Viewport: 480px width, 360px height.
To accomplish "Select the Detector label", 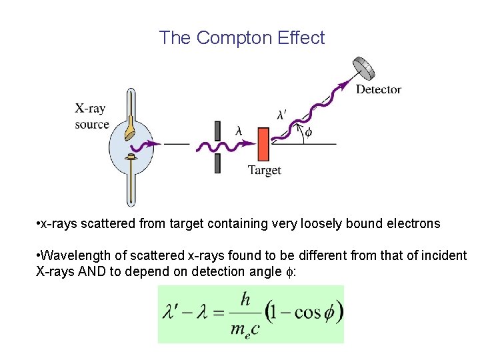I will click(x=378, y=89).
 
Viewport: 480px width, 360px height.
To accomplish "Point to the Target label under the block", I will click(x=265, y=170).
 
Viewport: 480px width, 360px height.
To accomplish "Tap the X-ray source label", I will click(x=91, y=116).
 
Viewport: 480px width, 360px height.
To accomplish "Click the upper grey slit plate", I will click(x=217, y=131).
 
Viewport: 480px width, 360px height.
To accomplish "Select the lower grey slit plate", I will click(x=217, y=164).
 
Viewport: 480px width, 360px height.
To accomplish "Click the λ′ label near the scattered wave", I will click(x=283, y=114).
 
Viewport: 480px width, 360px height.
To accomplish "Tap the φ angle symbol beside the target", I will click(x=308, y=132).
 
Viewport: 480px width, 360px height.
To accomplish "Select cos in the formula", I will click(x=307, y=313).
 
